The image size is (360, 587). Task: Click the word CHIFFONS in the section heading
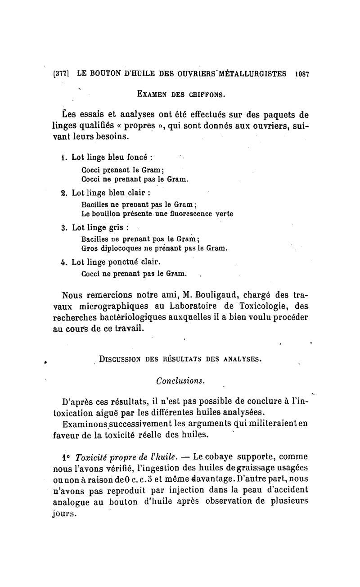(202, 95)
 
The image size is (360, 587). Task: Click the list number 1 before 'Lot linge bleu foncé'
(63, 158)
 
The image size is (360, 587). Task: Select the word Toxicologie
(263, 306)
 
